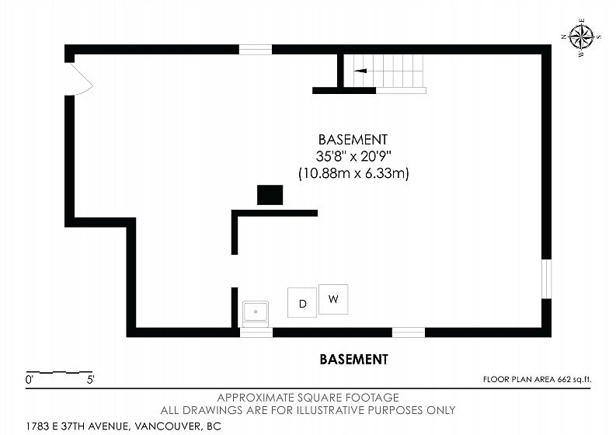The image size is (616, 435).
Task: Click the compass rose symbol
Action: click(x=581, y=38)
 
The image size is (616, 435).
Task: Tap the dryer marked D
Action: click(x=302, y=303)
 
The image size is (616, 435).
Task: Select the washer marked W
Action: click(x=333, y=299)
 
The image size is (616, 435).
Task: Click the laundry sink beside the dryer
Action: click(x=256, y=314)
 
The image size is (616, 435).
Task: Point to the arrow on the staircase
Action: click(x=360, y=71)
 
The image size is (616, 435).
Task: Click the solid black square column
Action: click(x=270, y=195)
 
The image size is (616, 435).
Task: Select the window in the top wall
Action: click(x=256, y=50)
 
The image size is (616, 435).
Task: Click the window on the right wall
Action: click(x=546, y=279)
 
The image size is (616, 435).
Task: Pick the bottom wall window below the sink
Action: click(x=256, y=332)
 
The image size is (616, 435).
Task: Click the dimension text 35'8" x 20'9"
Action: click(x=354, y=156)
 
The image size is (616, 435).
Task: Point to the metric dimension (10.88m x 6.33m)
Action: click(x=353, y=173)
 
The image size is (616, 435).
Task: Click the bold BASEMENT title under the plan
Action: click(x=353, y=359)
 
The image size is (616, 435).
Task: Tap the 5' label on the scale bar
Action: click(x=91, y=380)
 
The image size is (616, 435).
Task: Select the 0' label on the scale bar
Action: click(x=30, y=380)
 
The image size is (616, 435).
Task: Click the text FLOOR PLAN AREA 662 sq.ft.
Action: click(x=537, y=380)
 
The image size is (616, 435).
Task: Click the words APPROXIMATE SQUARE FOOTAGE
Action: click(x=308, y=398)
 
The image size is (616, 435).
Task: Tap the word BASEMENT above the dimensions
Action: click(x=353, y=140)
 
